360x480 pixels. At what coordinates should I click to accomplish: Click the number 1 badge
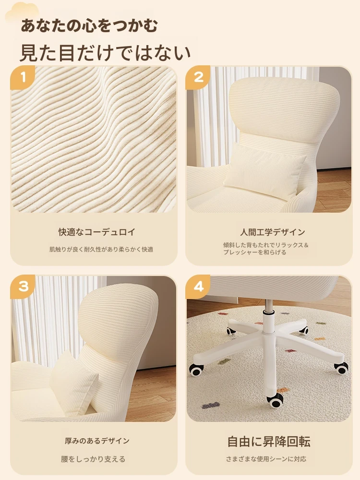tap(23, 78)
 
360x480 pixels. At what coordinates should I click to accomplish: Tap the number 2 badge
tap(198, 78)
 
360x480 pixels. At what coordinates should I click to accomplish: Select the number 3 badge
tap(23, 287)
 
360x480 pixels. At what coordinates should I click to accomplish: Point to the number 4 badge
tap(198, 287)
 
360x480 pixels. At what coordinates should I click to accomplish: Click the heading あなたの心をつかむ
tap(89, 25)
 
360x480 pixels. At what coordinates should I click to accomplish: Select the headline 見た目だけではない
tap(105, 53)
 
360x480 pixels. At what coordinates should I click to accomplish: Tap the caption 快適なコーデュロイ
tap(97, 232)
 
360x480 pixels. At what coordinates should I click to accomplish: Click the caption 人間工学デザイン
tap(273, 232)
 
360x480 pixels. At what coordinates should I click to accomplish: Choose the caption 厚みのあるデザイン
tap(97, 441)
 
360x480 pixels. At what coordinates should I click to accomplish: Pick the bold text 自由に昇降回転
tap(269, 442)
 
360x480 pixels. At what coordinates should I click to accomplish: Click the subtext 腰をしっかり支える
tap(93, 459)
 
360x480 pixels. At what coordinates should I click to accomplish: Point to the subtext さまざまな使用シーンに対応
tap(266, 459)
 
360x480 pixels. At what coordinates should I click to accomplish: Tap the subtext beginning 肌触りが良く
tap(101, 250)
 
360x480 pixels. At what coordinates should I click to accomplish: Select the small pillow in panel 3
tap(73, 383)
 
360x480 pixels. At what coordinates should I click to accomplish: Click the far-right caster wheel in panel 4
tap(341, 367)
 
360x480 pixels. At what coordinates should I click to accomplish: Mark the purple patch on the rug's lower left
tap(211, 405)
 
